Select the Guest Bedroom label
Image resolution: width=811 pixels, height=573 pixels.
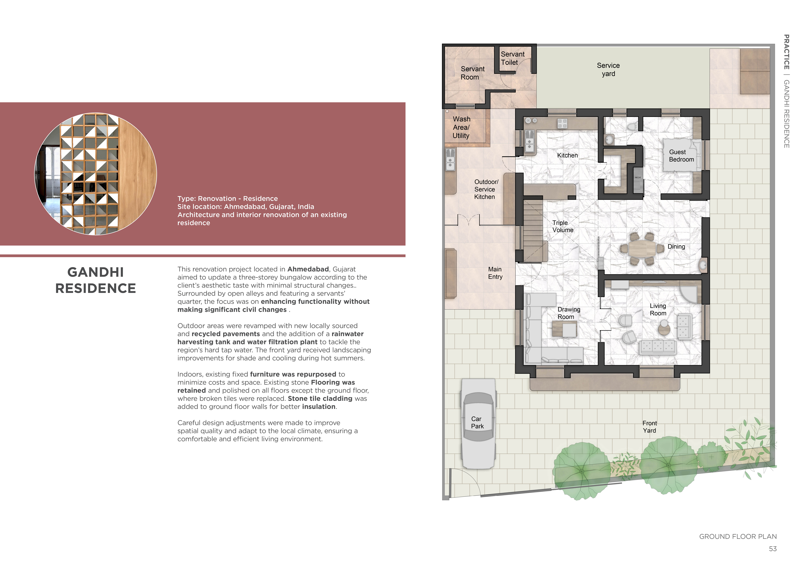(681, 156)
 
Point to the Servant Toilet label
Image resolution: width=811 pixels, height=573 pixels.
(513, 58)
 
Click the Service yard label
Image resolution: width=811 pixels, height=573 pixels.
(608, 70)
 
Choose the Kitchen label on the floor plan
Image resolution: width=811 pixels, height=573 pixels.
(567, 155)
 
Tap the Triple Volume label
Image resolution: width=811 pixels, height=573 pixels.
(563, 226)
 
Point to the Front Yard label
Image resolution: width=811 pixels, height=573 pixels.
(650, 427)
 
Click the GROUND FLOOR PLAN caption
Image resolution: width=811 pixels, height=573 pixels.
(738, 537)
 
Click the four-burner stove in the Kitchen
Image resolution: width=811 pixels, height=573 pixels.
(562, 123)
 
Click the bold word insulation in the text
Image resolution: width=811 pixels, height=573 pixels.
(319, 407)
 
